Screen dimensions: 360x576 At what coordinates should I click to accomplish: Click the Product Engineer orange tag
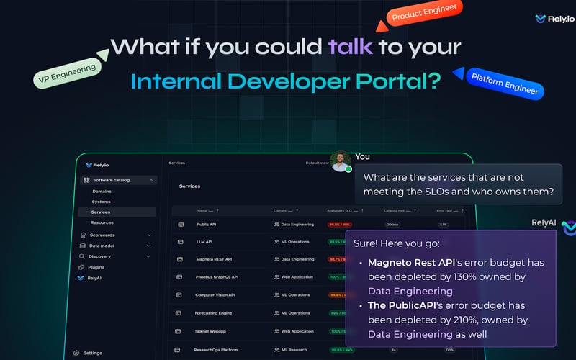pyautogui.click(x=423, y=12)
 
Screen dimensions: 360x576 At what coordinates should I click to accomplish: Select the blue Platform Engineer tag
pyautogui.click(x=505, y=82)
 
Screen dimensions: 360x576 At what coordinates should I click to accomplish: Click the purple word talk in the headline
pyautogui.click(x=351, y=47)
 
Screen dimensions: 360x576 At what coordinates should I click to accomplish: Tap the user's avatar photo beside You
pyautogui.click(x=340, y=161)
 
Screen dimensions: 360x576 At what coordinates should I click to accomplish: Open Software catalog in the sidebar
pyautogui.click(x=112, y=180)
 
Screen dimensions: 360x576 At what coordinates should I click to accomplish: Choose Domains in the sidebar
pyautogui.click(x=102, y=192)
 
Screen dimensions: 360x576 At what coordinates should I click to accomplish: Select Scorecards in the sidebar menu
pyautogui.click(x=103, y=235)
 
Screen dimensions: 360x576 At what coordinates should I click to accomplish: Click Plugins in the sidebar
pyautogui.click(x=96, y=267)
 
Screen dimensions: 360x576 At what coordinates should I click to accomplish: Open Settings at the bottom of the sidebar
pyautogui.click(x=92, y=353)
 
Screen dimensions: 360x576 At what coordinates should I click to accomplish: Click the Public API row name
pyautogui.click(x=207, y=225)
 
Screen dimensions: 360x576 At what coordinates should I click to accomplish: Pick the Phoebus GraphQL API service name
pyautogui.click(x=217, y=276)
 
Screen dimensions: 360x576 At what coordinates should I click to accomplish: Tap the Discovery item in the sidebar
pyautogui.click(x=100, y=256)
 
